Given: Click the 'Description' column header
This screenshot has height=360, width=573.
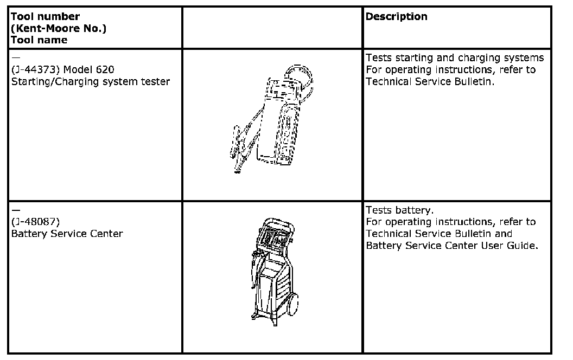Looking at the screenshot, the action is coord(396,17).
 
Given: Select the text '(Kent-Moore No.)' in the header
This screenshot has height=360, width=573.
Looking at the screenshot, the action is coord(58,29).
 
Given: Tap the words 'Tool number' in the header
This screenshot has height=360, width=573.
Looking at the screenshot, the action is coord(45,17).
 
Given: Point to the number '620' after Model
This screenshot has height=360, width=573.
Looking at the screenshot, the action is coord(105,70).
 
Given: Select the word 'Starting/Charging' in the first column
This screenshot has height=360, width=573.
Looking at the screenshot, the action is coord(48,82).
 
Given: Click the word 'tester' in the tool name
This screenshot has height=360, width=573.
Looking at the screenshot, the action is coord(155,82).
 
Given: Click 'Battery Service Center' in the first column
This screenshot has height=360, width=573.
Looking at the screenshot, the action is coord(67,234).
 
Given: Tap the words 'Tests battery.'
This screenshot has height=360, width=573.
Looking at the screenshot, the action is coord(399,210).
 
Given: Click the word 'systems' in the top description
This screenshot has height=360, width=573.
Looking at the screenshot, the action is coord(524,58).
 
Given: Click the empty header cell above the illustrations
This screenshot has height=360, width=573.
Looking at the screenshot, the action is coord(272,28).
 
